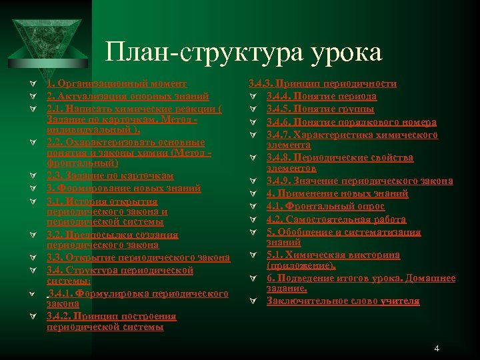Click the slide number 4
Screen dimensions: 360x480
(x=437, y=348)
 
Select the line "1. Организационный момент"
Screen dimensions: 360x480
(x=117, y=84)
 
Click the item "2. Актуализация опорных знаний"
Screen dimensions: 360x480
(x=128, y=96)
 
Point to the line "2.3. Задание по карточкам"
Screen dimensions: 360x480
(x=110, y=176)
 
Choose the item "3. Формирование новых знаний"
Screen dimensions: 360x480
(x=123, y=189)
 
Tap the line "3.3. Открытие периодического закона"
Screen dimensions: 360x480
(x=138, y=257)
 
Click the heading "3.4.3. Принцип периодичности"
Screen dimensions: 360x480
(x=322, y=84)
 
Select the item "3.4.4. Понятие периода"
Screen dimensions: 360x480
(x=321, y=96)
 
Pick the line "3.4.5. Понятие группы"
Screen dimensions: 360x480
(x=319, y=109)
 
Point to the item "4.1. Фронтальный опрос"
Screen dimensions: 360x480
(x=325, y=206)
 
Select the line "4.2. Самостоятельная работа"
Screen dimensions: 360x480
(x=336, y=219)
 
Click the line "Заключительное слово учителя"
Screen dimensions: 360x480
(x=343, y=301)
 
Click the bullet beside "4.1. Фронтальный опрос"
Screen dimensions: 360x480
(x=253, y=207)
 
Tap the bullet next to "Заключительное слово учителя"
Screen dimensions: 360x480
(x=253, y=302)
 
